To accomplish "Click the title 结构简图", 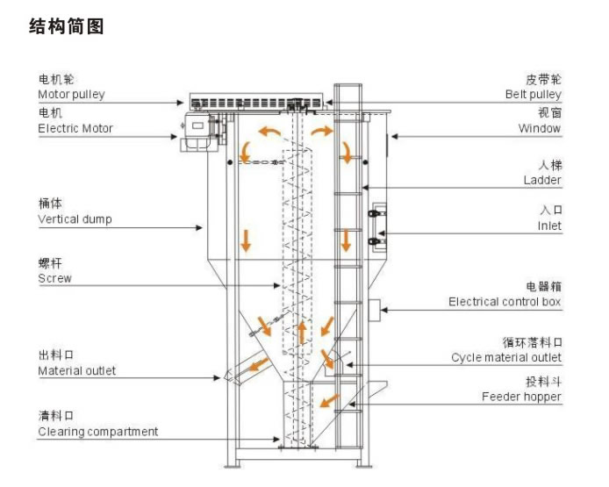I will [x=67, y=27].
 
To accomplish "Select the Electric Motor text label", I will [x=75, y=128].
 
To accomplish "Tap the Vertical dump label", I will [x=75, y=218].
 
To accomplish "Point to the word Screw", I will [x=54, y=278].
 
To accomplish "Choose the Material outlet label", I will [x=76, y=370].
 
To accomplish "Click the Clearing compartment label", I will [x=97, y=431].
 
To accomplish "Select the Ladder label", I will [x=542, y=180].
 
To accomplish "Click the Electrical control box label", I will [x=505, y=301].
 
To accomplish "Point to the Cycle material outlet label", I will [x=506, y=357].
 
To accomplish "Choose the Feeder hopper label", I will [x=521, y=397].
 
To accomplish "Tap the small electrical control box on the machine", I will [x=373, y=308].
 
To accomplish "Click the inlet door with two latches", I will [x=378, y=226].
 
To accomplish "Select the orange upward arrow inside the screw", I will [x=302, y=332].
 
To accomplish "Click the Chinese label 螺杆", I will [x=49, y=263].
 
